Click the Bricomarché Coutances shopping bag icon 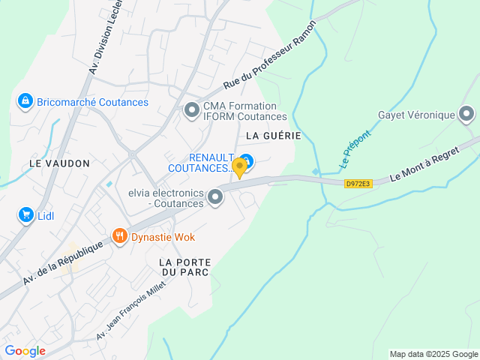click(x=25, y=101)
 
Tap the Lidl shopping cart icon click(x=25, y=215)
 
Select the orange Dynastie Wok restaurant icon click(x=119, y=237)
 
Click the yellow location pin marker click(x=239, y=166)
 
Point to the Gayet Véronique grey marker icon click(x=466, y=114)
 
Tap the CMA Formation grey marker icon click(x=191, y=110)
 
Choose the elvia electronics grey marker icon click(x=215, y=197)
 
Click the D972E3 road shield click(x=358, y=183)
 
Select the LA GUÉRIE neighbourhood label click(x=273, y=136)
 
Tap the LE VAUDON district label click(x=59, y=163)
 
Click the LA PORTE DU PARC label click(x=184, y=266)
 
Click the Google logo click(x=25, y=351)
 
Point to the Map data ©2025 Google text click(x=433, y=354)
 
